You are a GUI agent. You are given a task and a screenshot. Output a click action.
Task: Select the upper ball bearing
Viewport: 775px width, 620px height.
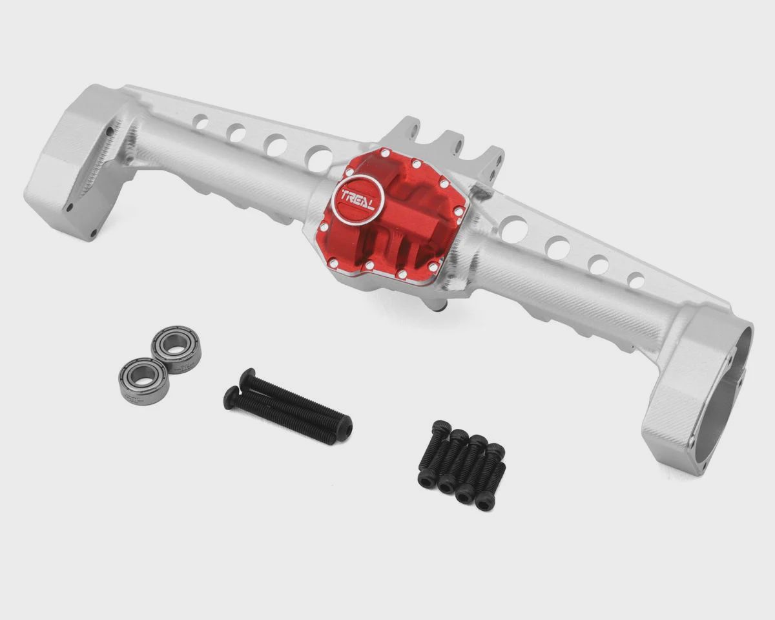coord(176,350)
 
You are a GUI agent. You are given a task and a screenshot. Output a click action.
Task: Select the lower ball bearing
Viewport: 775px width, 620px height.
coord(143,382)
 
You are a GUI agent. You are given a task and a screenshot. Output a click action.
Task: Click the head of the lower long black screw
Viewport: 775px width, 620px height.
coord(232,397)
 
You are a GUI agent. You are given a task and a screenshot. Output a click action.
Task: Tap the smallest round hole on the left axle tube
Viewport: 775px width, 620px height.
coord(202,121)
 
